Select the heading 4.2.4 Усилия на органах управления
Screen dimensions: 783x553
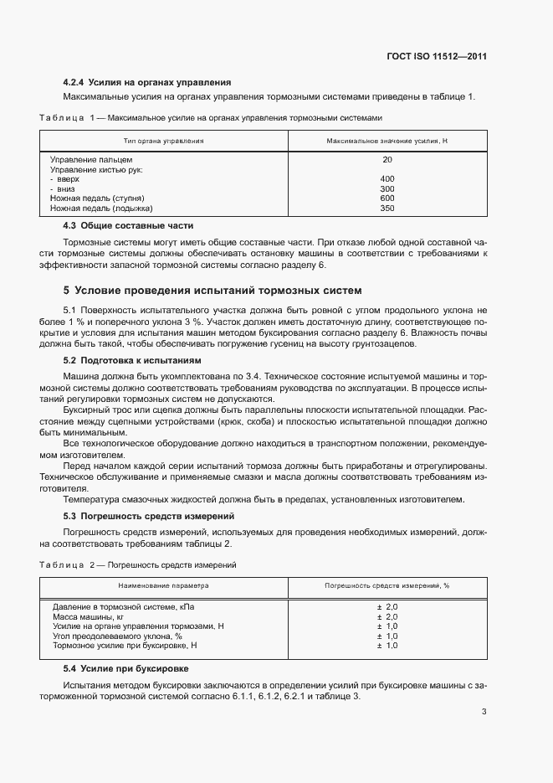147,82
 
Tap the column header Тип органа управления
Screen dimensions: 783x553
163,140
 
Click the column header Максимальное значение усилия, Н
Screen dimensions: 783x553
387,140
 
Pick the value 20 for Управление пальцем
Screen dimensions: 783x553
387,159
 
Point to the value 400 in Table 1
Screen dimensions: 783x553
387,179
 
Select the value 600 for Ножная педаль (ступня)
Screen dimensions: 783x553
387,198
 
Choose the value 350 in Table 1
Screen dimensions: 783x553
387,209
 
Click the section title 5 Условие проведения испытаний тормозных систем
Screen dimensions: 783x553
212,291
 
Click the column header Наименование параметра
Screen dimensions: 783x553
163,586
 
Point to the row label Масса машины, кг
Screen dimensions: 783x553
89,616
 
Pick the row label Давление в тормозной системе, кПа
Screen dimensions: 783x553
123,606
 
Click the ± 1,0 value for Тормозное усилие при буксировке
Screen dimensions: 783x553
387,646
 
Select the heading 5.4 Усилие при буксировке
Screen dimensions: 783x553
126,669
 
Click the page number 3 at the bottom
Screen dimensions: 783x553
484,713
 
